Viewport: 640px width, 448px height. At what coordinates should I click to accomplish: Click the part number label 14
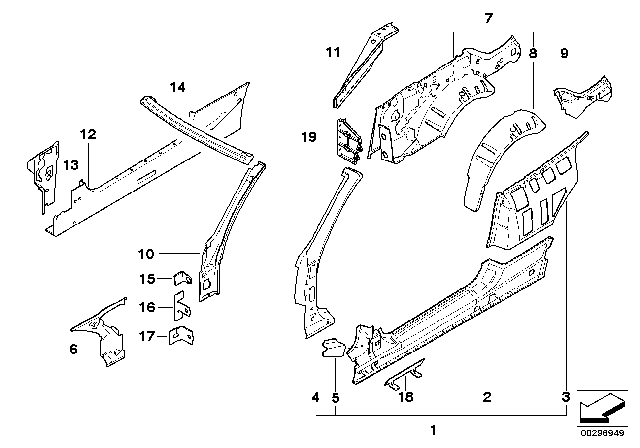[178, 87]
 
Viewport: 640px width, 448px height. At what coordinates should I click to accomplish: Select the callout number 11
[333, 52]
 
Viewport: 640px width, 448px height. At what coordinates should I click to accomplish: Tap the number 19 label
[309, 137]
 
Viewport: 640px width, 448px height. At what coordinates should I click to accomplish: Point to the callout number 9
[564, 53]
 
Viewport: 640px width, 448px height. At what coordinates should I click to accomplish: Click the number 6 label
[73, 349]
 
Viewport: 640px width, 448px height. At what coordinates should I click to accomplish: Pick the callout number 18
[406, 397]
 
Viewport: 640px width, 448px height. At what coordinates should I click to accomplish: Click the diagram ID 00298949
[602, 433]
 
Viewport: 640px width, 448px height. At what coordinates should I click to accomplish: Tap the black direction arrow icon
[602, 408]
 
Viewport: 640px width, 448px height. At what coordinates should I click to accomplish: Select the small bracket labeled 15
[183, 278]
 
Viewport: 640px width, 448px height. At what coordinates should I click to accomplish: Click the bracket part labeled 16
[182, 306]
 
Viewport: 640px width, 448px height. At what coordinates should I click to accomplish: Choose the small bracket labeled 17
[182, 335]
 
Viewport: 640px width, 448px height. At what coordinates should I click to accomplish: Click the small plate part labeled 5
[333, 347]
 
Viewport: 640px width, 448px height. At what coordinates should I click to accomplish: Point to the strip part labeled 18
[404, 373]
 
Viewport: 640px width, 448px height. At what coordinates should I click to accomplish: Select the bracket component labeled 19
[348, 140]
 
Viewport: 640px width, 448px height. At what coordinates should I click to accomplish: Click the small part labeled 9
[584, 97]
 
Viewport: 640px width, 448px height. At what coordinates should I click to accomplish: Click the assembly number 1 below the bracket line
[433, 430]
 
